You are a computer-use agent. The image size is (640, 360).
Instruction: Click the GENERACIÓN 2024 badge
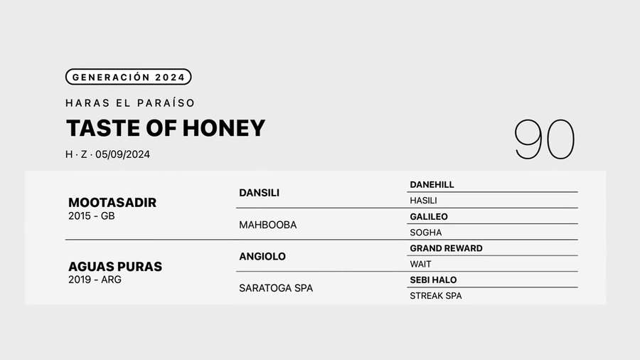(x=128, y=77)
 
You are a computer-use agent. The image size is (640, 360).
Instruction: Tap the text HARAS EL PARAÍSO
(x=130, y=103)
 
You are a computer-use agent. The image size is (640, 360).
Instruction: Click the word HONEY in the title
(x=224, y=128)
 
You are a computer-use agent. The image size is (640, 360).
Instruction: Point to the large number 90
(x=544, y=139)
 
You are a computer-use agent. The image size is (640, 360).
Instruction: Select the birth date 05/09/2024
(x=123, y=154)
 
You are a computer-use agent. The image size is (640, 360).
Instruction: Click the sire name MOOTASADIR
(x=112, y=203)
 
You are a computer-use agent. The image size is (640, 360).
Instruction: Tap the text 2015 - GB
(x=91, y=216)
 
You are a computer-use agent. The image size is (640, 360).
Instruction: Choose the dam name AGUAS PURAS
(x=115, y=267)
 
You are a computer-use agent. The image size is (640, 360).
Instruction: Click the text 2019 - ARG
(x=95, y=280)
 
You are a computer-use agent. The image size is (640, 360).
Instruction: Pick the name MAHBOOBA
(x=268, y=225)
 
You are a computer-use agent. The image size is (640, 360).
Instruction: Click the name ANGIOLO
(x=262, y=256)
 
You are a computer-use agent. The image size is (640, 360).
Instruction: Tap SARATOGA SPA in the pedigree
(x=276, y=288)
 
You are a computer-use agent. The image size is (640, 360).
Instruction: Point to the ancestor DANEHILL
(x=432, y=185)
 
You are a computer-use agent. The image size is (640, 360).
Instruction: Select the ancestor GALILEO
(x=429, y=216)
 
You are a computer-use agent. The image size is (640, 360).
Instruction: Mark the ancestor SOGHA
(x=425, y=233)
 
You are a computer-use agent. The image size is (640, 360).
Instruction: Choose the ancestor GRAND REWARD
(x=446, y=248)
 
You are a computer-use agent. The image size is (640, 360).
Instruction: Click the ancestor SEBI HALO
(x=433, y=280)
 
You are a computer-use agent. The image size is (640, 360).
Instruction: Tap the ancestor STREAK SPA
(x=435, y=296)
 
